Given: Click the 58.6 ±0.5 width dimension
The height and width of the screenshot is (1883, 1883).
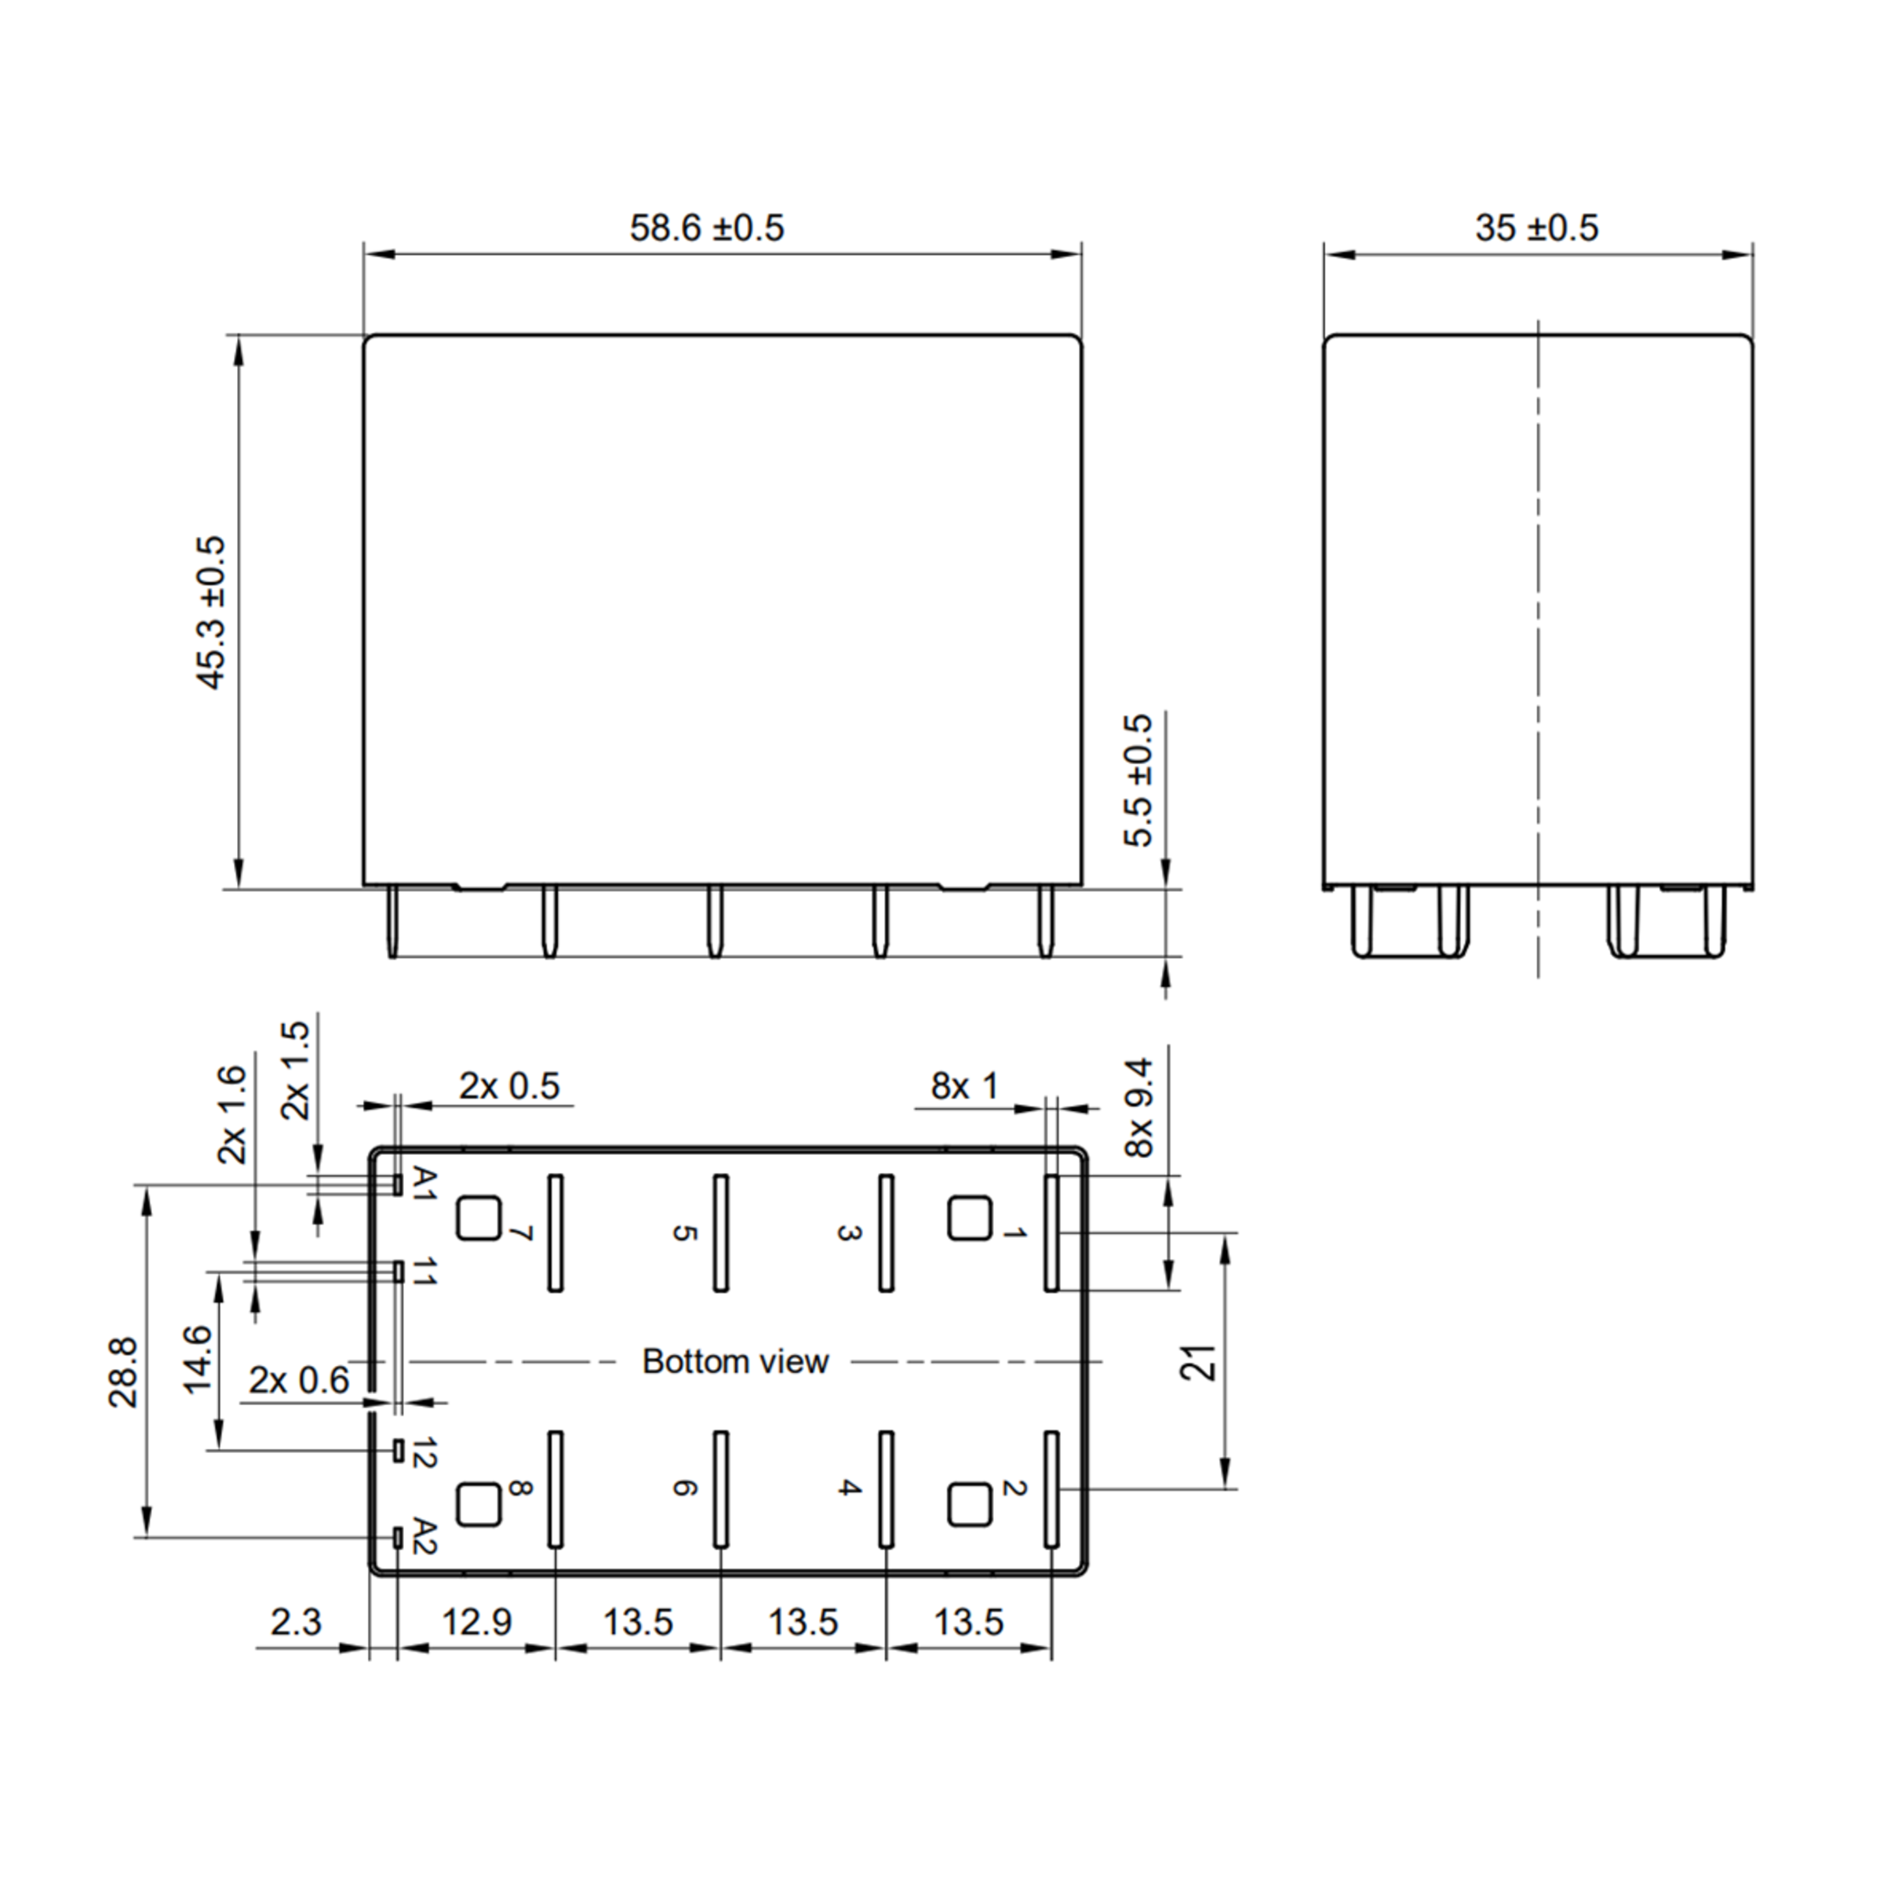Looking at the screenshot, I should tap(707, 228).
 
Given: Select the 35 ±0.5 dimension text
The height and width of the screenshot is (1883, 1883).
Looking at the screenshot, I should tap(1536, 228).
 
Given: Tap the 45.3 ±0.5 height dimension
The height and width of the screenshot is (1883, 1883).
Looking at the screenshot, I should tap(212, 612).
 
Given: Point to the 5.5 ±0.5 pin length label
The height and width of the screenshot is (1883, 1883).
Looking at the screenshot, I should tap(1138, 781).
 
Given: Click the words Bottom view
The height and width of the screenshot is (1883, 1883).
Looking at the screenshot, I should tap(735, 1361).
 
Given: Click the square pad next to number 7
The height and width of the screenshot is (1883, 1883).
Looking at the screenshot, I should tap(479, 1218).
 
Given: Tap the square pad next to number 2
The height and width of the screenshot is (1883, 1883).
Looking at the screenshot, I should tap(969, 1505).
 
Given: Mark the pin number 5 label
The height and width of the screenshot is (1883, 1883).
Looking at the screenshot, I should tap(685, 1233).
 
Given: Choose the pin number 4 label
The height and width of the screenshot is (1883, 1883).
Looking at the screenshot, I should tap(850, 1488).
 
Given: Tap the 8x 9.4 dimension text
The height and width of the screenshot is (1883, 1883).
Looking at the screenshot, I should tap(1138, 1108).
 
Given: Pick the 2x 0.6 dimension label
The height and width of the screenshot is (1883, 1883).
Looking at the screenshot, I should tap(298, 1380).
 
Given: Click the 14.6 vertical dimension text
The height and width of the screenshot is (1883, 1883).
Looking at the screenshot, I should tap(198, 1360).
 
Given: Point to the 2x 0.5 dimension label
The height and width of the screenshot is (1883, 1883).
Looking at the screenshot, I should tap(510, 1086).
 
